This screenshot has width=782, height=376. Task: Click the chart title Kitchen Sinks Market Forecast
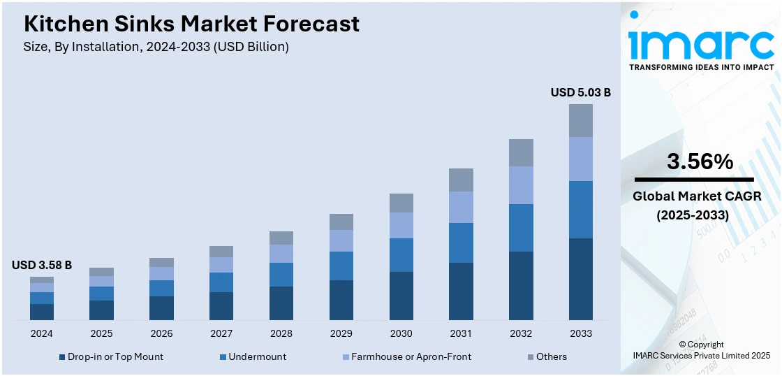tap(191, 24)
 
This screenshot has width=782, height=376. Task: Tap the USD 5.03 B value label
tap(580, 92)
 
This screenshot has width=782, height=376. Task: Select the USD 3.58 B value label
tap(42, 265)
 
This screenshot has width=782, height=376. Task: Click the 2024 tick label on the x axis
tap(42, 333)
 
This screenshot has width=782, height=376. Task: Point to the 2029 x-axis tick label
tap(341, 333)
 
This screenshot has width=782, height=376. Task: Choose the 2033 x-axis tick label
tap(580, 333)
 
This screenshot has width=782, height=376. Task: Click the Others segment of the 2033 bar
tap(580, 120)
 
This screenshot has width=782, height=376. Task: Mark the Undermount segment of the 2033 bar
tap(580, 210)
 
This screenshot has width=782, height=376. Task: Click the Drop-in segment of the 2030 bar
tap(401, 296)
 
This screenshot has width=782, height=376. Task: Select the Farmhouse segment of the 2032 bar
tap(521, 185)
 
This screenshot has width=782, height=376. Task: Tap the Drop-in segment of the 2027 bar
tap(221, 306)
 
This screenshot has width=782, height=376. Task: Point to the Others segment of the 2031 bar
tap(461, 180)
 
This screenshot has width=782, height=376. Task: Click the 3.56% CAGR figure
tap(700, 162)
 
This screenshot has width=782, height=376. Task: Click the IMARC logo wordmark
tap(700, 42)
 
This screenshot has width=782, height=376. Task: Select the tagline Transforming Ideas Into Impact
tap(701, 67)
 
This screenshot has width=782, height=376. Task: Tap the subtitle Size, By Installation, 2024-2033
tap(156, 47)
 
